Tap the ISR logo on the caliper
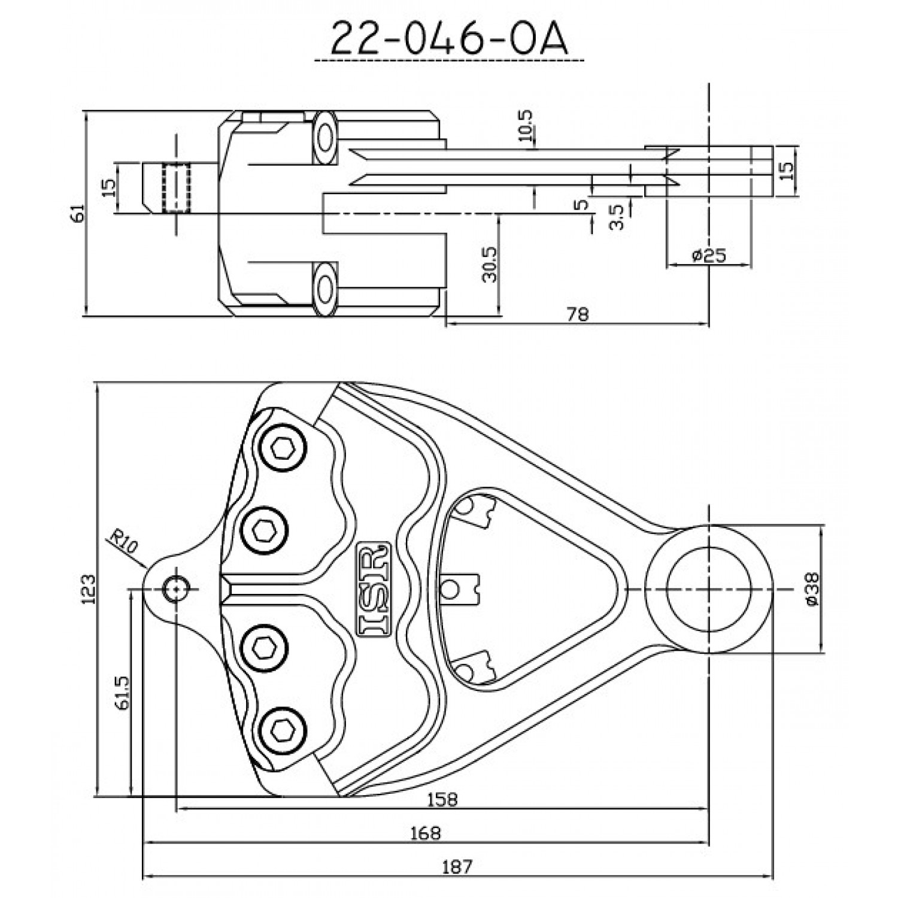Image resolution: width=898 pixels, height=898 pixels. (374, 588)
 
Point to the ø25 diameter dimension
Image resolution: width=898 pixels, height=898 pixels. (708, 256)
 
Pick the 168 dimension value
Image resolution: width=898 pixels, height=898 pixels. (426, 833)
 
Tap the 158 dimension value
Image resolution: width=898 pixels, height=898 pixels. (443, 799)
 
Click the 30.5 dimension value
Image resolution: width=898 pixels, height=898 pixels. (490, 263)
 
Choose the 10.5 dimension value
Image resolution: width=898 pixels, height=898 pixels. (526, 125)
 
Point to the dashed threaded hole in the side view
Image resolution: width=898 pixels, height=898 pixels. (176, 187)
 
